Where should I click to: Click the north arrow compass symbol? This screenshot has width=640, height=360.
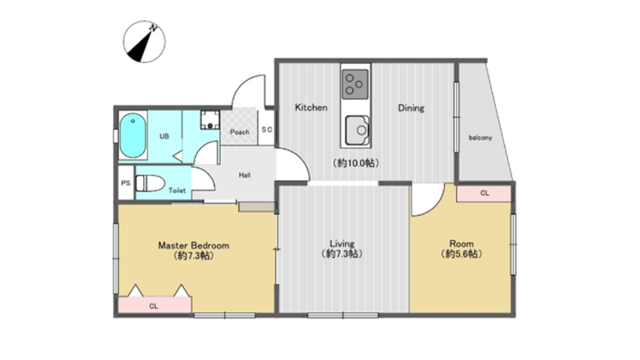pos(144,42)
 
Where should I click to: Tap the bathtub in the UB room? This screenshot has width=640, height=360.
pos(133,135)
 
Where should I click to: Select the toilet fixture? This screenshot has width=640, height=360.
pos(150,184)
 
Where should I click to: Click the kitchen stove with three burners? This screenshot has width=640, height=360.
pos(355,85)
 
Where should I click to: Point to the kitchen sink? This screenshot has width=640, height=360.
pos(357,130)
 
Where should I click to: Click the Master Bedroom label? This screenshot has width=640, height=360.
pos(194,246)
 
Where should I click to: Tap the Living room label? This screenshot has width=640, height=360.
pos(342,244)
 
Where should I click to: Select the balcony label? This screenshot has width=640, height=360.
pos(480,138)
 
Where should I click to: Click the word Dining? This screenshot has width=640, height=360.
pos(411,108)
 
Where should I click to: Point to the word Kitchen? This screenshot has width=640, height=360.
pos(311,107)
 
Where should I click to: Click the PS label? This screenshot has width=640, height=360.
pos(126,183)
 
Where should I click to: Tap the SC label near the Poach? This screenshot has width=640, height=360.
pos(266,130)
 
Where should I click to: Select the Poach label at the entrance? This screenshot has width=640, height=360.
pos(239,132)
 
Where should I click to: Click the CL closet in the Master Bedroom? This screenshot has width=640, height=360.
pos(154,306)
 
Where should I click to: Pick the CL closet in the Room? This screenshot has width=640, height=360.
pos(484,193)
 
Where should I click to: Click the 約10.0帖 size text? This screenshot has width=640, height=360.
pos(356,163)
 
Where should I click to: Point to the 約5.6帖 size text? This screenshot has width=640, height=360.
pos(462,254)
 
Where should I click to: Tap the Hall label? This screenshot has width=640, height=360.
pos(245,175)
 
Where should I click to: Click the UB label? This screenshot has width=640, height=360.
pos(164,136)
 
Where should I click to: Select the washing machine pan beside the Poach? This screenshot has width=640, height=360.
pos(210,119)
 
